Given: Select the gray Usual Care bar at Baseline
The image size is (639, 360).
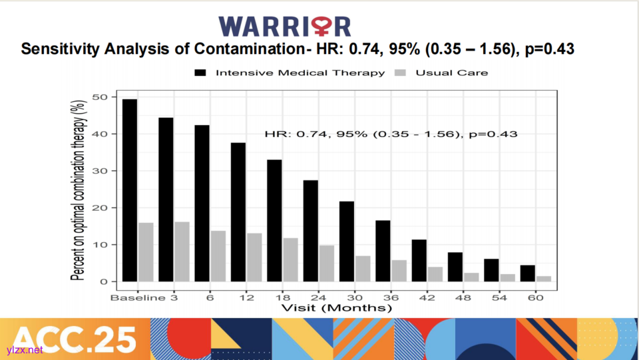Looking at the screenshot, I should pos(146,252).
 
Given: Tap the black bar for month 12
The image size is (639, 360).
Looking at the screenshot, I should pos(238,212).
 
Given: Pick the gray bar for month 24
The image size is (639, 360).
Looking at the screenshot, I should pos(326,264).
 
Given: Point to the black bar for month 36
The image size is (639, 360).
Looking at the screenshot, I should pos(383,251).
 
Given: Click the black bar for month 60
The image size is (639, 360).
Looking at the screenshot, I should pos(527,273).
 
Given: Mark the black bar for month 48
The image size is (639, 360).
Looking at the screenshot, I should pos(455,267).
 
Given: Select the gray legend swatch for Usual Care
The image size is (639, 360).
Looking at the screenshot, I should pos(401,73).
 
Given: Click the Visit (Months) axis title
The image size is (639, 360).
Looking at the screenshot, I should pos(337,308).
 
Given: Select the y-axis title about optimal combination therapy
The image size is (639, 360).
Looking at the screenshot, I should pos(78,190).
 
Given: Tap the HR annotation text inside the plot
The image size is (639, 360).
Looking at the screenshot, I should pos(391,134).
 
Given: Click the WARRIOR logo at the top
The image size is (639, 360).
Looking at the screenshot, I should pos(285,26).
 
